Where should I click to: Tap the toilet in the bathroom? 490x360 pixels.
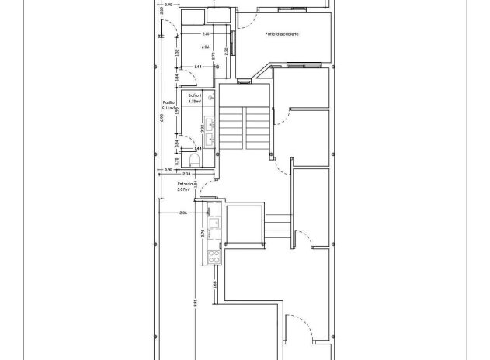194,160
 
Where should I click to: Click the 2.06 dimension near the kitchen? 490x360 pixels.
183,212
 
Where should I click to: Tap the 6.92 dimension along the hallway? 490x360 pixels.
162,119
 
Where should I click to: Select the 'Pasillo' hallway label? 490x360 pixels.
167,102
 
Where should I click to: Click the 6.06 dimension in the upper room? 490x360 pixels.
207,47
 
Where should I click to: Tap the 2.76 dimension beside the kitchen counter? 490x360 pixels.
202,232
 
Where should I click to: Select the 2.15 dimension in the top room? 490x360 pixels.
205,35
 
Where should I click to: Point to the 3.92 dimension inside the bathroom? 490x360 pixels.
202,128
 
